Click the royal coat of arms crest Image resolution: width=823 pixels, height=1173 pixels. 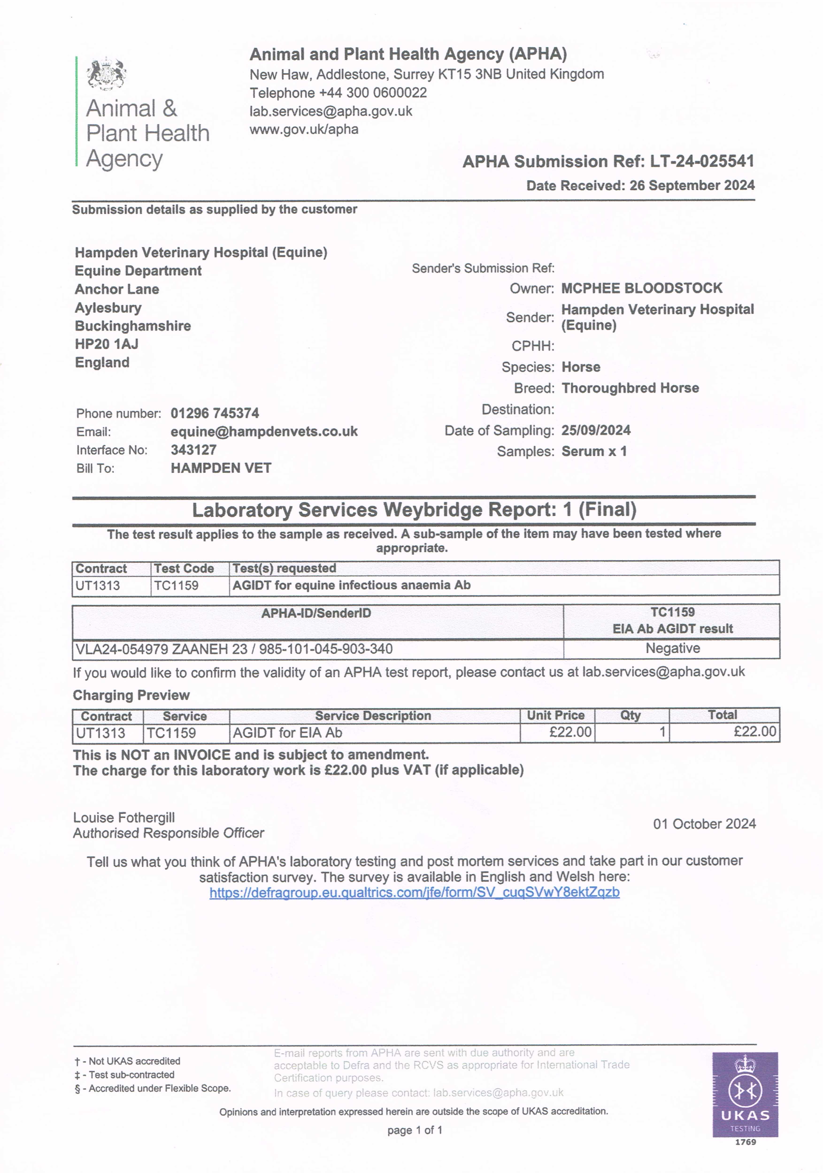point(106,74)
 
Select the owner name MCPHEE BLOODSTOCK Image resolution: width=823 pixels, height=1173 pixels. point(642,288)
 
